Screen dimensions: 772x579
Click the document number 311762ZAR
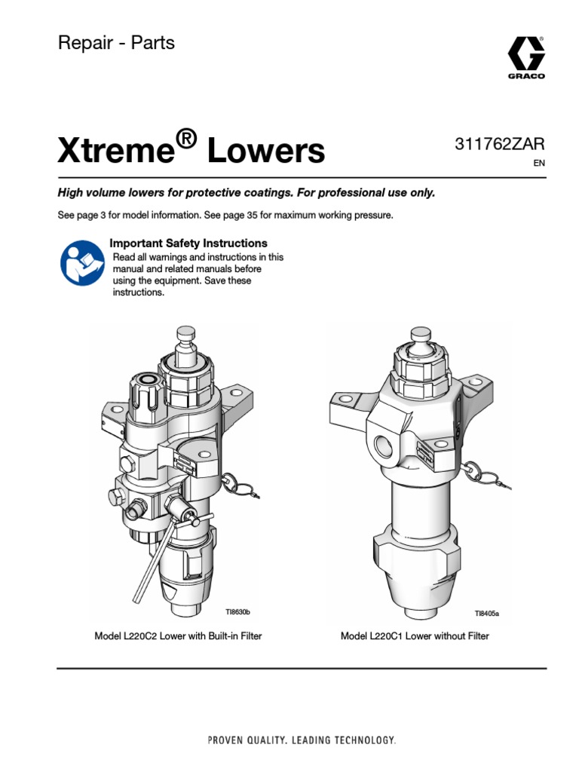pyautogui.click(x=499, y=145)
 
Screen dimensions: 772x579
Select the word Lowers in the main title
pyautogui.click(x=266, y=152)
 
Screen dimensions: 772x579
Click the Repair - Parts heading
pyautogui.click(x=116, y=43)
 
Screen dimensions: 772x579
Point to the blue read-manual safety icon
pyautogui.click(x=81, y=262)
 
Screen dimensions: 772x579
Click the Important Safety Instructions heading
pyautogui.click(x=188, y=244)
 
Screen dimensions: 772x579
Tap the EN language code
pyautogui.click(x=538, y=164)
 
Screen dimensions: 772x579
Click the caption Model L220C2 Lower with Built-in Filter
pyautogui.click(x=178, y=636)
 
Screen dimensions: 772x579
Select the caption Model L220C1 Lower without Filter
pyautogui.click(x=415, y=636)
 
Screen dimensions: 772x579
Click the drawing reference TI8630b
pyautogui.click(x=237, y=611)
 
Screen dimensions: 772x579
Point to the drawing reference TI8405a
pyautogui.click(x=486, y=614)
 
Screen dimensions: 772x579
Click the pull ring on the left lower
pyautogui.click(x=232, y=482)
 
